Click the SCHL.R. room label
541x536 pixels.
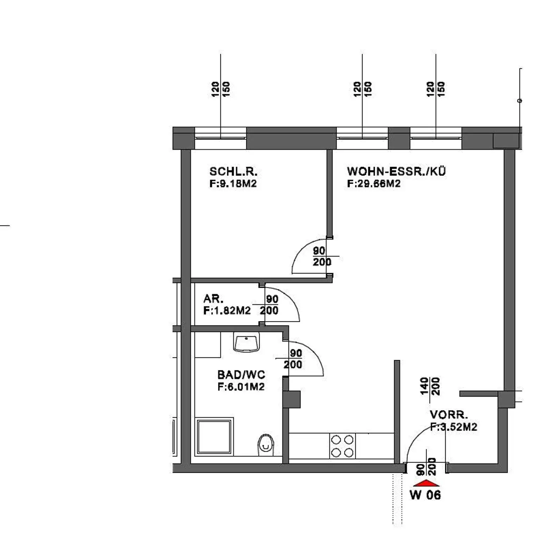233,172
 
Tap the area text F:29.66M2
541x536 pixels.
374,184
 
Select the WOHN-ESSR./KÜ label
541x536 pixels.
396,171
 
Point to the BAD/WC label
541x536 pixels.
241,375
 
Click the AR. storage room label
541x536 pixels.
213,299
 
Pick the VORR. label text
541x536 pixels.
449,415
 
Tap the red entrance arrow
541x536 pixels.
426,483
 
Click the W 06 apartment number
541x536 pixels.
425,495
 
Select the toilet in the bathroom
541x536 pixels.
266,445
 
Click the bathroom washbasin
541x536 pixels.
247,343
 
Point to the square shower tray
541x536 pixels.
214,436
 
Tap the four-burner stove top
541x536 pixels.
342,446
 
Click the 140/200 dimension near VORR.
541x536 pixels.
430,386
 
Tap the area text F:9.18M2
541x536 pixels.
233,184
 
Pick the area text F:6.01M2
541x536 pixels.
241,387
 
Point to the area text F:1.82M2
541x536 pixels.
227,311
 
